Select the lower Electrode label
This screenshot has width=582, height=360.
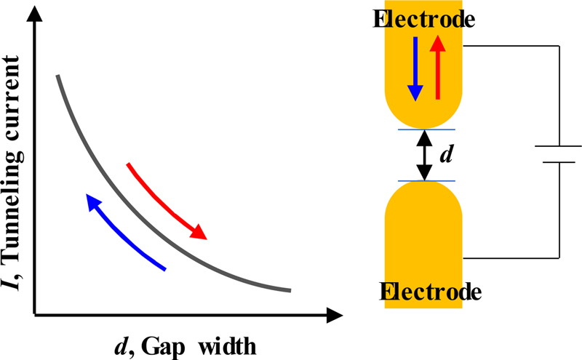(x=430, y=292)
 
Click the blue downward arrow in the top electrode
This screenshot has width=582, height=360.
(x=415, y=69)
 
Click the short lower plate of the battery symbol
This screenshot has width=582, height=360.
(x=559, y=163)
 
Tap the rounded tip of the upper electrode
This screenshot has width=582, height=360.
(x=423, y=120)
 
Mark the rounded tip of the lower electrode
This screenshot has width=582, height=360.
(x=423, y=191)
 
